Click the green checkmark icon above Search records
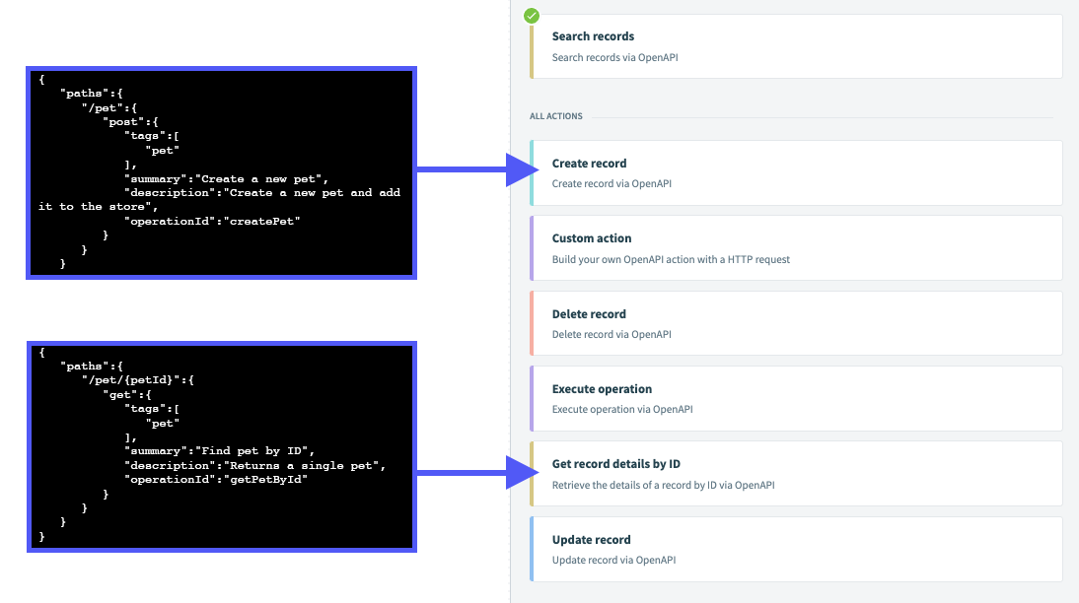coord(532,16)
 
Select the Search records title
coord(593,36)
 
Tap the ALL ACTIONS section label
coord(556,116)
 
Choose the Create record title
coord(589,164)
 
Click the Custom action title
coord(592,238)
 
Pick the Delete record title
coord(589,314)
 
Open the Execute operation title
coord(602,389)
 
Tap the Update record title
coord(591,540)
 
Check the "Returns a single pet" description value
coord(305,465)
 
